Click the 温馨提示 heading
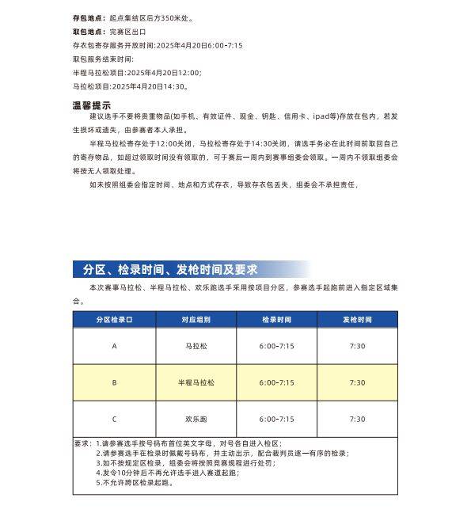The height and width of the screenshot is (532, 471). point(92,105)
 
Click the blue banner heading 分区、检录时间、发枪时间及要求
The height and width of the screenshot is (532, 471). point(169,269)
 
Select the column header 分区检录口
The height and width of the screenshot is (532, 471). point(114,319)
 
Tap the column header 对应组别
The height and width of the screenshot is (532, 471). point(196,319)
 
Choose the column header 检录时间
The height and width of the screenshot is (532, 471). point(276,319)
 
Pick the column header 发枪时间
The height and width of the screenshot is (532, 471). point(357,319)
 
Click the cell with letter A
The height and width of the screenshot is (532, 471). point(114,346)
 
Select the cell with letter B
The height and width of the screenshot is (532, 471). point(114,382)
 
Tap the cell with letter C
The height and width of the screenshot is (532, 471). point(114,419)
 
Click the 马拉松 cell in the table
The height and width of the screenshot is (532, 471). point(196,346)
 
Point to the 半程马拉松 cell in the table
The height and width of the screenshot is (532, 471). point(196,382)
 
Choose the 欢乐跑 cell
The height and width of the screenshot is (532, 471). point(196,419)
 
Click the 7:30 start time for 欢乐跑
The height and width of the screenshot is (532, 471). point(357,419)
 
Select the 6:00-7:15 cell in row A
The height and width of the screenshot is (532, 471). point(276,346)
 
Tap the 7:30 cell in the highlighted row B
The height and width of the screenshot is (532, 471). point(357,382)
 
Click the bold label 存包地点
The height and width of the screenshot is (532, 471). point(89,17)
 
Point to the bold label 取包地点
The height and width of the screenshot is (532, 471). point(89,32)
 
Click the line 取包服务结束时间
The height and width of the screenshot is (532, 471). point(103,59)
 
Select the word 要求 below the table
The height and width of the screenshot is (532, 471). point(81,443)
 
